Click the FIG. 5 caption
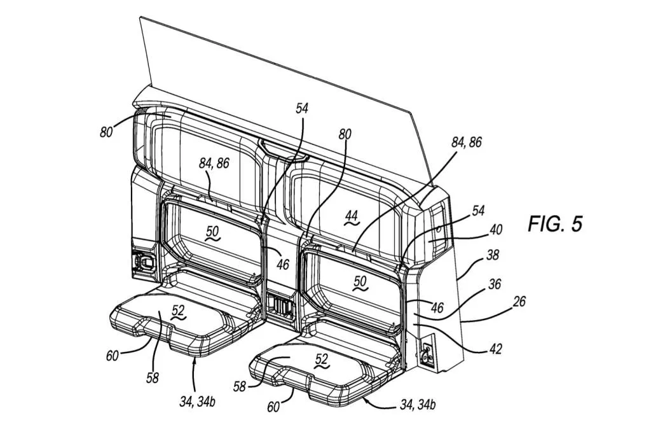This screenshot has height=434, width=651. (x=555, y=223)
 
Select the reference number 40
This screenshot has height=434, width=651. (x=496, y=230)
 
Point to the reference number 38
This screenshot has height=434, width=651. (x=493, y=255)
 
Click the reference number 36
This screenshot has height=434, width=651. (x=494, y=284)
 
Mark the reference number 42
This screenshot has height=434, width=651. (x=495, y=348)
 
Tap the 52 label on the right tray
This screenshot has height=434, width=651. (x=321, y=359)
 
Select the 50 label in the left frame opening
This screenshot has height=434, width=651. (x=212, y=232)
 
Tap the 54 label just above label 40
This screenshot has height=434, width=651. (x=478, y=211)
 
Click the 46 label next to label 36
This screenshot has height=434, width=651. (x=437, y=307)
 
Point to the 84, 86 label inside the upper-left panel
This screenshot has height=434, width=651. (x=214, y=164)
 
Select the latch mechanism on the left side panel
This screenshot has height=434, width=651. (x=144, y=261)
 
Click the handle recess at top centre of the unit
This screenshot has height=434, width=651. (x=284, y=151)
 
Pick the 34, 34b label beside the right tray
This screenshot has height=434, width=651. (x=418, y=404)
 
